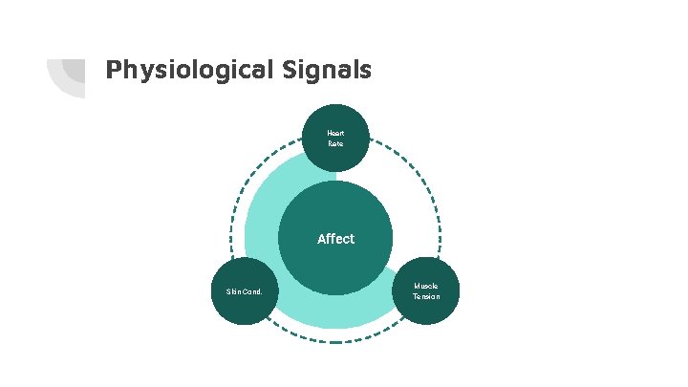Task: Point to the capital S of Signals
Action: pyautogui.click(x=290, y=70)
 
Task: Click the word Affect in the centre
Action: pyautogui.click(x=335, y=239)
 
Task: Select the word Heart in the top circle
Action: pyautogui.click(x=335, y=133)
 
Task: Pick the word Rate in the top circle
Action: pyautogui.click(x=335, y=143)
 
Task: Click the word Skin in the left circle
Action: pyautogui.click(x=234, y=291)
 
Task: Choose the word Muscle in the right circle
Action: pyautogui.click(x=426, y=286)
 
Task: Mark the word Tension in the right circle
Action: pyautogui.click(x=426, y=297)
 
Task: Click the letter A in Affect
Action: pyautogui.click(x=321, y=239)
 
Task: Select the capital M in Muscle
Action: pyautogui.click(x=417, y=286)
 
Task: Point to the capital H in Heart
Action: pyautogui.click(x=329, y=133)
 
